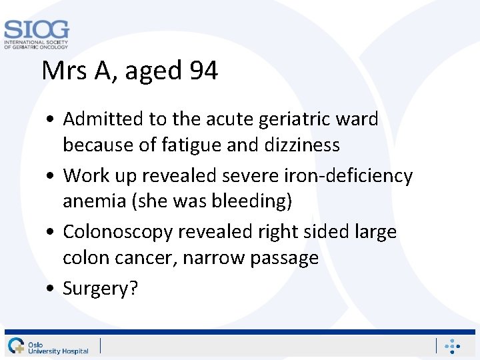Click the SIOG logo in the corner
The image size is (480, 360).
(36, 34)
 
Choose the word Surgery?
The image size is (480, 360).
(100, 289)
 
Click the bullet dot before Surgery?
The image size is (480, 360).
(51, 289)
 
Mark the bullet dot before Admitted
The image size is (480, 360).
(51, 120)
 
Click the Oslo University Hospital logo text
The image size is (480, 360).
(57, 347)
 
